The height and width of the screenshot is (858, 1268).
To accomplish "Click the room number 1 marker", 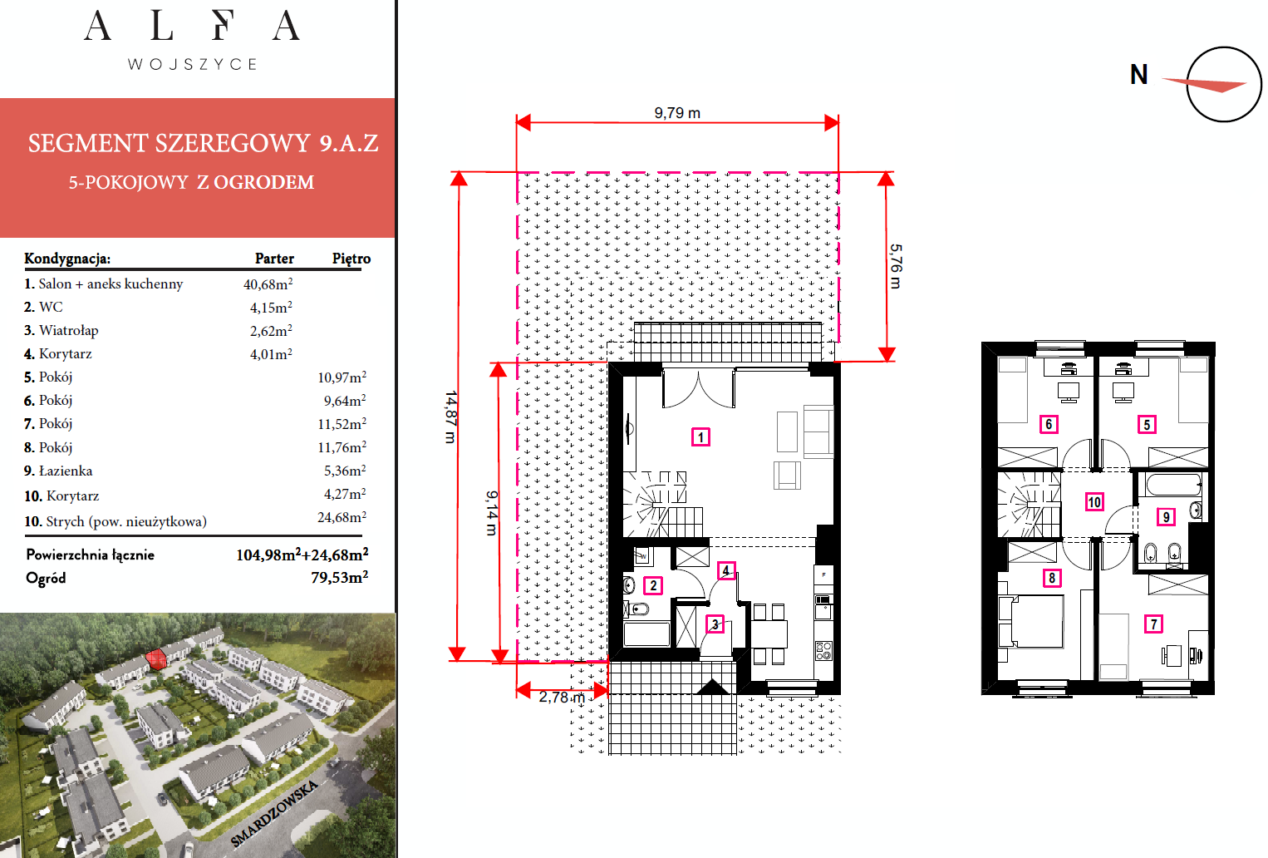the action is click(x=700, y=437).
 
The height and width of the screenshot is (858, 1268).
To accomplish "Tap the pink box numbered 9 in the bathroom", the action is click(x=1166, y=516).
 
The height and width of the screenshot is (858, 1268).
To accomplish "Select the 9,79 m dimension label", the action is click(x=677, y=113).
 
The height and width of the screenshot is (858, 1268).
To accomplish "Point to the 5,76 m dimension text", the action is click(x=895, y=266).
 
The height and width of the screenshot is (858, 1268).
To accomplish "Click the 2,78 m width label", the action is click(x=562, y=698).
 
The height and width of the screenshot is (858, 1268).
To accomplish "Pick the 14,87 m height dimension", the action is click(x=450, y=417).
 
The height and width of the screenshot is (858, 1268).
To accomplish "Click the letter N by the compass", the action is click(x=1139, y=75).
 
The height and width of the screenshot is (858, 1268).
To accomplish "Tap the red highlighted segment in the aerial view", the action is click(x=156, y=659).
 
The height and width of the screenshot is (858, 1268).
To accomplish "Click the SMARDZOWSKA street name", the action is click(x=274, y=813).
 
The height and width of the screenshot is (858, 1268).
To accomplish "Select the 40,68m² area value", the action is click(x=268, y=284).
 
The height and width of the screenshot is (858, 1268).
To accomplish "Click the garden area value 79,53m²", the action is click(x=339, y=577).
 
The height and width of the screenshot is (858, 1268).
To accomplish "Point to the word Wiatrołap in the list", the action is click(x=68, y=330).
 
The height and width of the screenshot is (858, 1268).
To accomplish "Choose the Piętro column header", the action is click(x=351, y=259).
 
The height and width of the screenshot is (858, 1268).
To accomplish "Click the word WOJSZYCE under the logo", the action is click(x=193, y=64).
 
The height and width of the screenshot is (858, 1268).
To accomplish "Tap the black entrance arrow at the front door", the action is click(x=712, y=687).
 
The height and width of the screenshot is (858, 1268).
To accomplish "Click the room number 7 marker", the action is click(x=1153, y=624).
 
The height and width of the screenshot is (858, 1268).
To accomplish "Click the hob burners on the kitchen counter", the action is click(x=823, y=650).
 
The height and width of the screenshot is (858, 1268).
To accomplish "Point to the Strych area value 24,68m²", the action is click(x=342, y=517).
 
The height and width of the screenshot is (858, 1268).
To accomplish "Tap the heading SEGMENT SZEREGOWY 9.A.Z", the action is click(x=204, y=143).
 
